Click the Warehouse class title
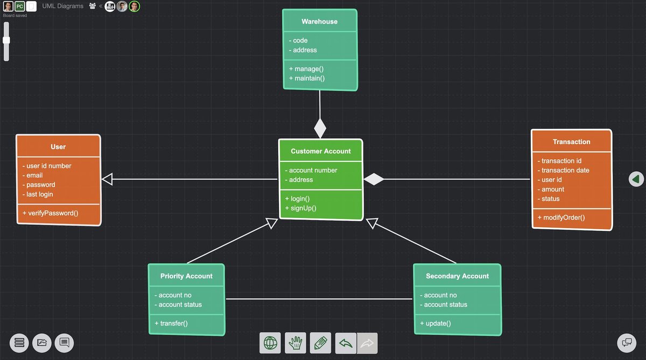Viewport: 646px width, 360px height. click(319, 22)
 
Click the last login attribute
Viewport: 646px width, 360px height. click(40, 194)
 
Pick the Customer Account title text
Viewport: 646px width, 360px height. click(321, 151)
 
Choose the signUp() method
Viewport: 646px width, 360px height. click(303, 208)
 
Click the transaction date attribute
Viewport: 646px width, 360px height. click(565, 170)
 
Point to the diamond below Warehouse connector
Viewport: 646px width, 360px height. click(320, 129)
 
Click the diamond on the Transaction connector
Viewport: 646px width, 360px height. click(374, 179)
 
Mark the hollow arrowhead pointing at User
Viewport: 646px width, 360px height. click(107, 179)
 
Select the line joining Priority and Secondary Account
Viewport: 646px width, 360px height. click(319, 299)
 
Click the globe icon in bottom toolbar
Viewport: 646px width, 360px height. click(270, 343)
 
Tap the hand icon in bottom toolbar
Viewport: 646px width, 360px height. click(296, 343)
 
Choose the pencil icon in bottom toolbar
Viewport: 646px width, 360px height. click(320, 343)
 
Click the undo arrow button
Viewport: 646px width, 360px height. click(346, 343)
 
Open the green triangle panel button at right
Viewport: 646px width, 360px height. click(636, 179)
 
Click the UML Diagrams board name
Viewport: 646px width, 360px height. click(63, 6)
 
